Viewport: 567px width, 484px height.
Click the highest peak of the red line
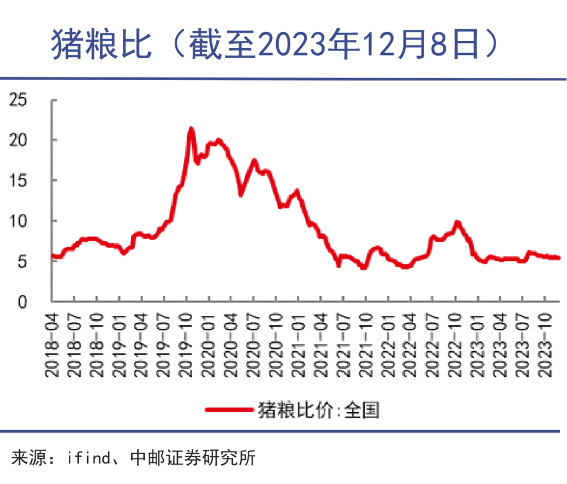click(191, 128)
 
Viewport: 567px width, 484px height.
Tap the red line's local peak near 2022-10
click(457, 222)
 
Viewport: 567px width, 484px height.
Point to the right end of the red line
click(558, 257)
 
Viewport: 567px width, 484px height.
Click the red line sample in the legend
click(228, 410)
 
